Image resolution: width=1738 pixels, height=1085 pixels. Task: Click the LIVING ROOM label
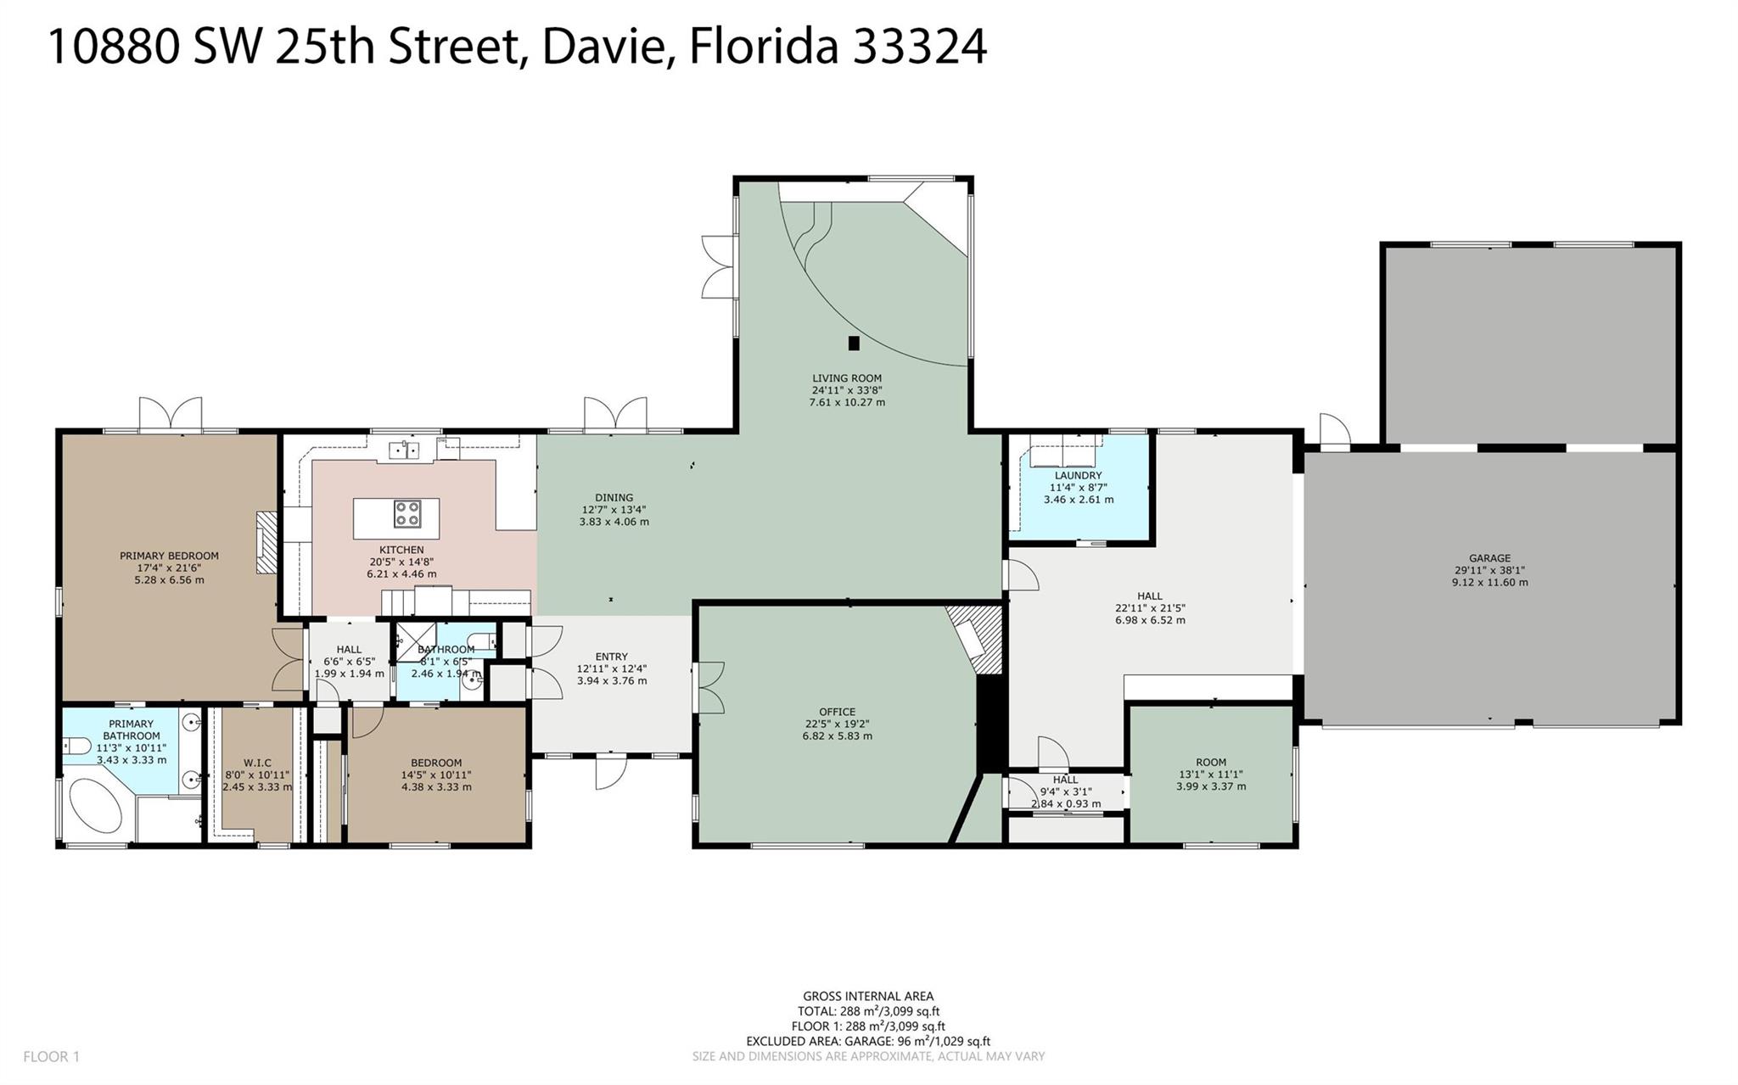coord(847,378)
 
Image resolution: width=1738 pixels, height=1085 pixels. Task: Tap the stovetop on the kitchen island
coord(407,513)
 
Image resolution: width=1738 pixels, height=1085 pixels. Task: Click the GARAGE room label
coord(1490,558)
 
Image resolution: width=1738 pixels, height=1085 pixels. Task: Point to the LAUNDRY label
coord(1078,476)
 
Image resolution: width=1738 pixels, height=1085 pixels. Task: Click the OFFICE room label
coord(837,712)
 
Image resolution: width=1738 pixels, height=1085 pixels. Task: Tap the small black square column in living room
coord(854,343)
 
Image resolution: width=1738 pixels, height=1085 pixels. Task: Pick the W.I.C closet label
coord(257,763)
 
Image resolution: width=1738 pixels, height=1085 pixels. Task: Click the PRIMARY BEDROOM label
coord(169,556)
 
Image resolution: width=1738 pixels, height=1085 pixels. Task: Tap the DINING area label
coord(614,498)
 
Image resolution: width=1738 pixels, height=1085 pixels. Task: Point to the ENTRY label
coord(611,657)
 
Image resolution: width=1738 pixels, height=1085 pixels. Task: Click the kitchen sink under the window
coord(404,450)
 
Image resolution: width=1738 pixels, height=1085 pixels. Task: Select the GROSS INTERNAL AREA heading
coord(868,997)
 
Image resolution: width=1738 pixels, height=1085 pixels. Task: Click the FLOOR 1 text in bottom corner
coord(51,1057)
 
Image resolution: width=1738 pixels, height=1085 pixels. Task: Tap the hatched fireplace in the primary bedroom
coord(266,542)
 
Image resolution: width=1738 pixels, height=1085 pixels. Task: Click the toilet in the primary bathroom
coord(76,746)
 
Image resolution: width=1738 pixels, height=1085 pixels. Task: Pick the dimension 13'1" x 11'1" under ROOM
coord(1211,774)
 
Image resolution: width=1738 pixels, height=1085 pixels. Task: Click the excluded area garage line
coord(868,1042)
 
